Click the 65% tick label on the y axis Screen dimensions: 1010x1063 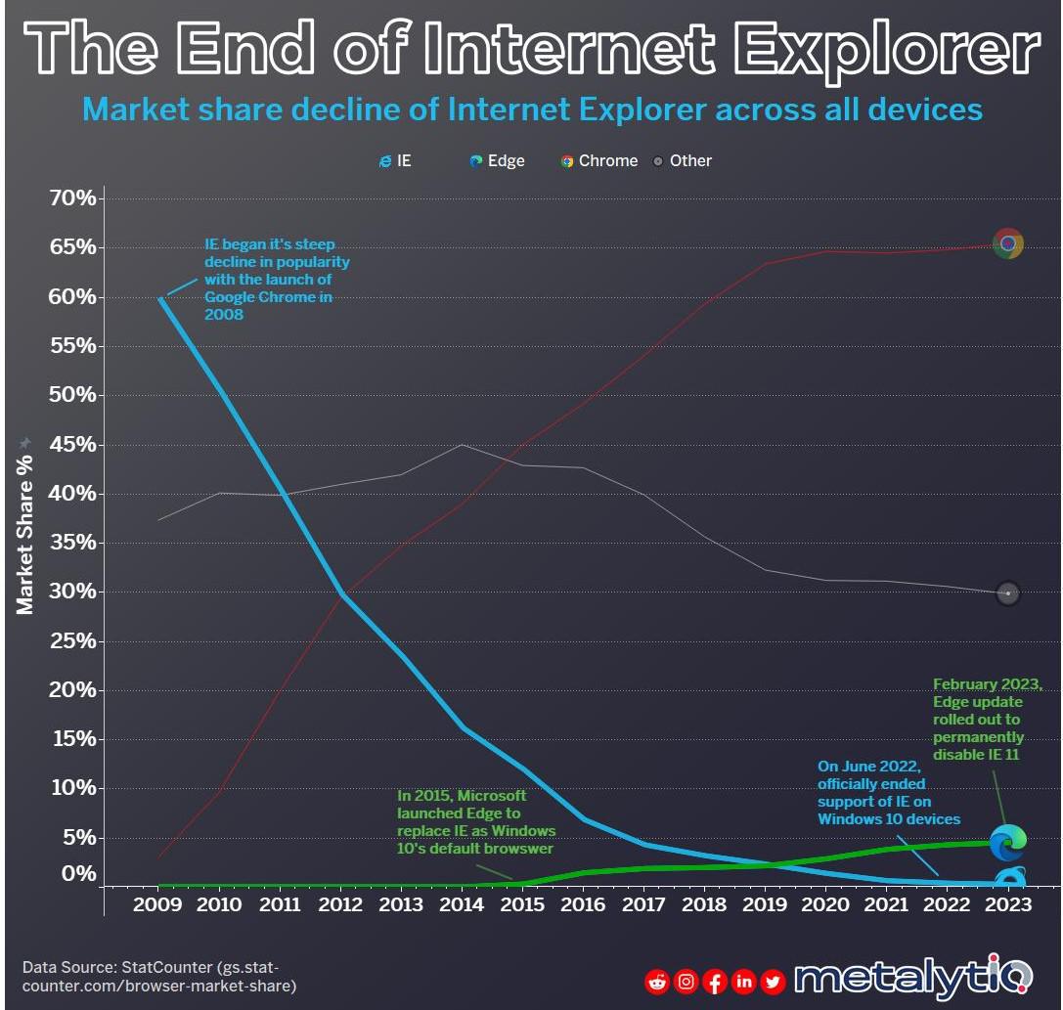pyautogui.click(x=73, y=247)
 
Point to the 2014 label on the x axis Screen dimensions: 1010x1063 pyautogui.click(x=462, y=904)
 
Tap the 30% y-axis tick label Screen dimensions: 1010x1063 pyautogui.click(x=73, y=592)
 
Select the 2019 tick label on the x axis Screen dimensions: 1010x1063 pyautogui.click(x=766, y=904)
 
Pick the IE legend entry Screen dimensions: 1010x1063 pyautogui.click(x=395, y=160)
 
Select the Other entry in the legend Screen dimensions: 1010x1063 pyautogui.click(x=682, y=160)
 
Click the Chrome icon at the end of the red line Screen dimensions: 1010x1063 pyautogui.click(x=1008, y=243)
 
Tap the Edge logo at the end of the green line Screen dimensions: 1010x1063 pyautogui.click(x=1007, y=840)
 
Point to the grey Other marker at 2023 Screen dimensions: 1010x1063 pyautogui.click(x=1008, y=593)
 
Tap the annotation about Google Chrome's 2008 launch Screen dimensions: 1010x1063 pyautogui.click(x=276, y=280)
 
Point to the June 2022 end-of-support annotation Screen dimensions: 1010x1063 pyautogui.click(x=888, y=792)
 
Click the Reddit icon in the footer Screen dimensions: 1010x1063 pyautogui.click(x=657, y=981)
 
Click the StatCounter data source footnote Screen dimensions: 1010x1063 pyautogui.click(x=158, y=976)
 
